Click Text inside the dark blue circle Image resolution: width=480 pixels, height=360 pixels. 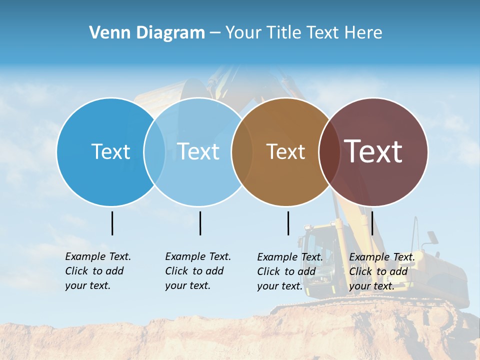tap(110, 151)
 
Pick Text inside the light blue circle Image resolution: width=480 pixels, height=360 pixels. tap(198, 151)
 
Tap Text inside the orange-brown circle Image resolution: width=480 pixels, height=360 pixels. tap(285, 152)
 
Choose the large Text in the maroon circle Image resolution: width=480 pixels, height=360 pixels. tap(373, 151)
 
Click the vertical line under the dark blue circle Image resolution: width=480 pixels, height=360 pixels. tap(112, 223)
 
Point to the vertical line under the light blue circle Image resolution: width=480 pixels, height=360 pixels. tap(200, 223)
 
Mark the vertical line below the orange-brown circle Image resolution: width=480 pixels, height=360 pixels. tap(288, 223)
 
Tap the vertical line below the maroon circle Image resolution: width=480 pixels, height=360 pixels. tap(372, 223)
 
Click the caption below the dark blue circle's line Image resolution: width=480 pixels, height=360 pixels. tap(97, 271)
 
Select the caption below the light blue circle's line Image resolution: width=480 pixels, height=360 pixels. tap(197, 271)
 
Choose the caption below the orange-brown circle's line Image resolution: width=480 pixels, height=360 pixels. tap(289, 271)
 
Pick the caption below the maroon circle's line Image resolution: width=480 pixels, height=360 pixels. tap(381, 271)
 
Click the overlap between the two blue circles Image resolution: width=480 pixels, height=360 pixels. tap(154, 152)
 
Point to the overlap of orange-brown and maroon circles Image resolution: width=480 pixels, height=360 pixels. tap(329, 152)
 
